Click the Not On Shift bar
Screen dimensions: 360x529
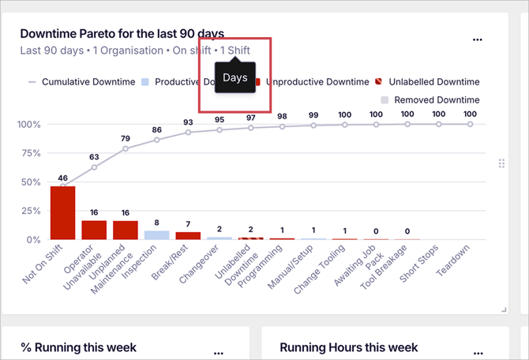[x=62, y=212]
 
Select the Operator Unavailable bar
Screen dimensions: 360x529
[x=94, y=230]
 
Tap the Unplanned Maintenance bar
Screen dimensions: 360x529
[x=126, y=230]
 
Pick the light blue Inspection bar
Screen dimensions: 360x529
[x=156, y=234]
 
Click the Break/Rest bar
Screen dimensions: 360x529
[x=188, y=235]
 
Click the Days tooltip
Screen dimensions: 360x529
[x=235, y=77]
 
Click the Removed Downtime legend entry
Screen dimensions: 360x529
[x=436, y=99]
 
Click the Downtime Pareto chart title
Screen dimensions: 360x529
[x=122, y=34]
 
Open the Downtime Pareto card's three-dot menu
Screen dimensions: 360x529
[x=477, y=39]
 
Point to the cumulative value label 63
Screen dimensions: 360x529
[x=94, y=156]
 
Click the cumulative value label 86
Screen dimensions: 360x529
[x=156, y=129]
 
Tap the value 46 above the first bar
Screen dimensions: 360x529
[x=62, y=178]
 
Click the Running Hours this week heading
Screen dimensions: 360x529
[x=348, y=347]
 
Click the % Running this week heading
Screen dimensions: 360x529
[x=78, y=347]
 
